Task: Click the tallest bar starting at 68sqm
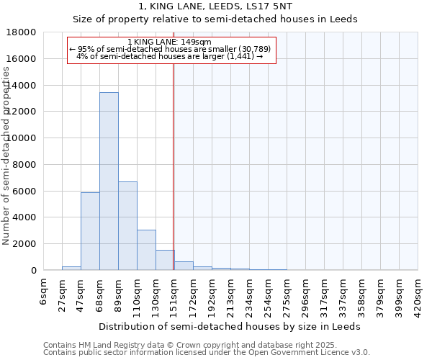point(109,181)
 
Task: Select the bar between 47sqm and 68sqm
point(90,231)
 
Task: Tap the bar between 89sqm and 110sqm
point(127,226)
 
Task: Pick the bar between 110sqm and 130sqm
point(146,250)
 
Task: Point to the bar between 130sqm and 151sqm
point(165,260)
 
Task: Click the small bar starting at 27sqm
point(71,268)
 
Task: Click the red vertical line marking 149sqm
point(174,166)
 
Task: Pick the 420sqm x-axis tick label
point(418,292)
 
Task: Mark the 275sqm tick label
point(287,292)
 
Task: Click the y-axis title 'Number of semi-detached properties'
point(6,155)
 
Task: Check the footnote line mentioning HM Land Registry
point(206,345)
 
